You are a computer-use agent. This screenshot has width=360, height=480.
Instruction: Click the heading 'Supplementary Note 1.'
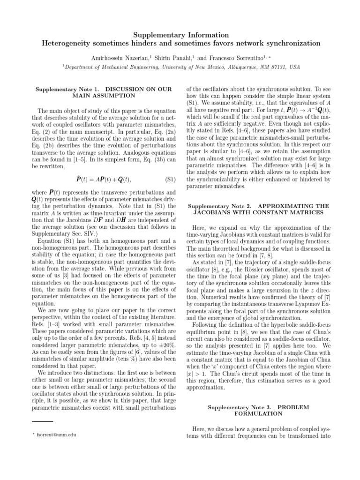(67, 88)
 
